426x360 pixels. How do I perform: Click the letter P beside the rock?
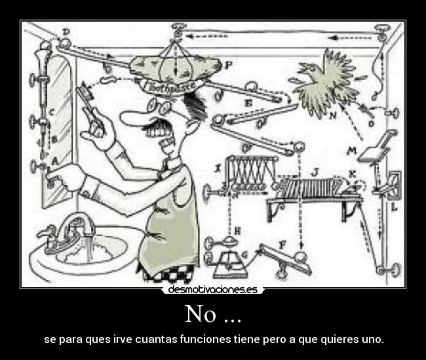click(x=228, y=66)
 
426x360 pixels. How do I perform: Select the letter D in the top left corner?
click(x=67, y=31)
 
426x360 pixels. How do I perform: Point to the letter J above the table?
click(x=315, y=172)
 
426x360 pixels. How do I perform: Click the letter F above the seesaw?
click(x=282, y=244)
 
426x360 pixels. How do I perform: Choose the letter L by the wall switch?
click(x=394, y=207)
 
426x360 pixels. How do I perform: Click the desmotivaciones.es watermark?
click(x=212, y=289)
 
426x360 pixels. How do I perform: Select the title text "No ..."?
click(x=212, y=314)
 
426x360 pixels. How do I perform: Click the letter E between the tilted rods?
click(x=248, y=104)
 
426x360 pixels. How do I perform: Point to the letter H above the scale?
click(x=237, y=230)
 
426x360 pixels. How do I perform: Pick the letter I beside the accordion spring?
click(x=217, y=169)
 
